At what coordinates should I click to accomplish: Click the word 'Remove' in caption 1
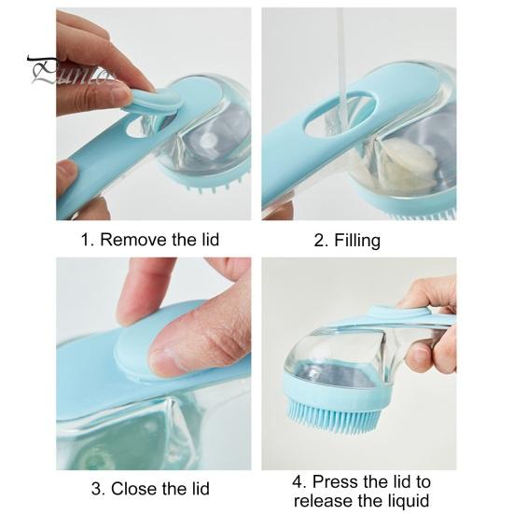pos(131,240)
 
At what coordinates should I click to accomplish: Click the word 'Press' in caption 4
pos(337,481)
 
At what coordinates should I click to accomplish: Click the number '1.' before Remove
pos(89,240)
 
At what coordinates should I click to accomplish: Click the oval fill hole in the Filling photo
pos(339,120)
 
